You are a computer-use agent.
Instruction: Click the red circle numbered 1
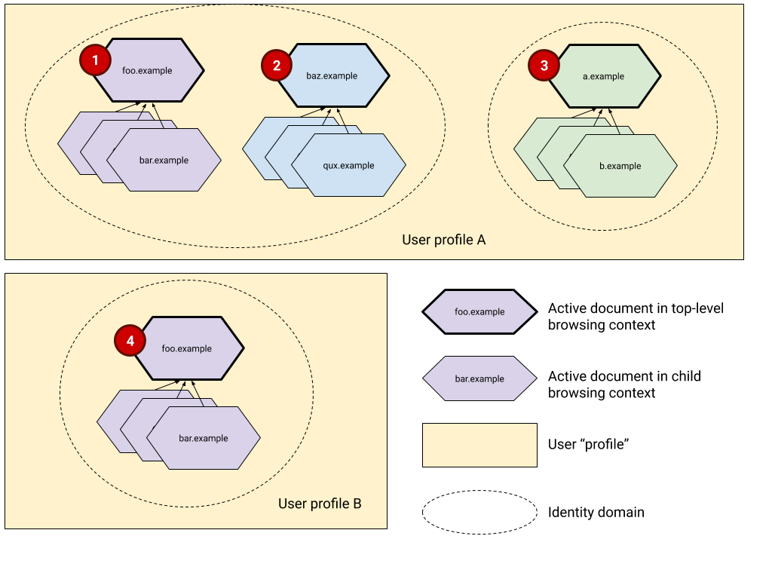[95, 60]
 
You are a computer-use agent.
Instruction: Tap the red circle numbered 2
[277, 66]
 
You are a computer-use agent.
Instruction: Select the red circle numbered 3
[544, 66]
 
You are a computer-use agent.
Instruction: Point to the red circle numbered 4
[130, 341]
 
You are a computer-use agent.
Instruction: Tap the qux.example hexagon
[348, 166]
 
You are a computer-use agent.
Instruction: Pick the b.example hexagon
[620, 166]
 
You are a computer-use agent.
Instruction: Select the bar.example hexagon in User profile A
[164, 161]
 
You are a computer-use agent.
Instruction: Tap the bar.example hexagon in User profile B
[204, 438]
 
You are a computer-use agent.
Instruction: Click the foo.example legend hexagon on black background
[479, 311]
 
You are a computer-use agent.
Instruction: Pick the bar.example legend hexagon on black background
[479, 378]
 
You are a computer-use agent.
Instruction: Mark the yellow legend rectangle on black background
[479, 445]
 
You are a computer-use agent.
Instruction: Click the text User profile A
[444, 240]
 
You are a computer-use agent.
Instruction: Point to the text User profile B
[320, 504]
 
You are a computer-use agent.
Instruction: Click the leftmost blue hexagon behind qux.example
[256, 149]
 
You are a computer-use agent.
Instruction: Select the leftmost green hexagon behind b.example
[528, 149]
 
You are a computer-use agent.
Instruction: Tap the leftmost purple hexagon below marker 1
[71, 143]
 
